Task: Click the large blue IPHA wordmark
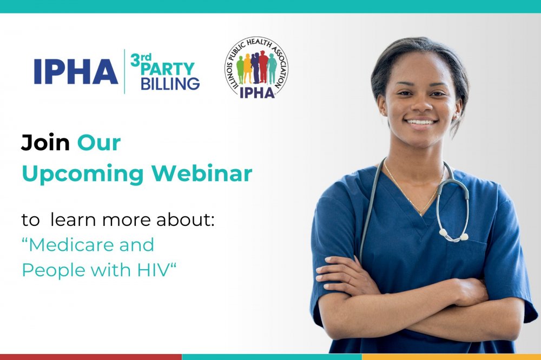pyautogui.click(x=76, y=71)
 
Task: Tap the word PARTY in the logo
pyautogui.click(x=168, y=69)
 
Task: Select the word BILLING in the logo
pyautogui.click(x=170, y=84)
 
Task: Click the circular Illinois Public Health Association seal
pyautogui.click(x=256, y=68)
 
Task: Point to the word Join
pyautogui.click(x=45, y=142)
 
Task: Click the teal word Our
pyautogui.click(x=98, y=143)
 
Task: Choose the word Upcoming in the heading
pyautogui.click(x=83, y=174)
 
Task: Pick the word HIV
pyautogui.click(x=153, y=270)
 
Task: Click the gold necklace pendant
pyautogui.click(x=420, y=214)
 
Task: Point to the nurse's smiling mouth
pyautogui.click(x=421, y=122)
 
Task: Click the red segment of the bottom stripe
pyautogui.click(x=91, y=357)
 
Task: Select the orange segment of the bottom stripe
pyautogui.click(x=451, y=357)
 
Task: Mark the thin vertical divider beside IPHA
pyautogui.click(x=124, y=71)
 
